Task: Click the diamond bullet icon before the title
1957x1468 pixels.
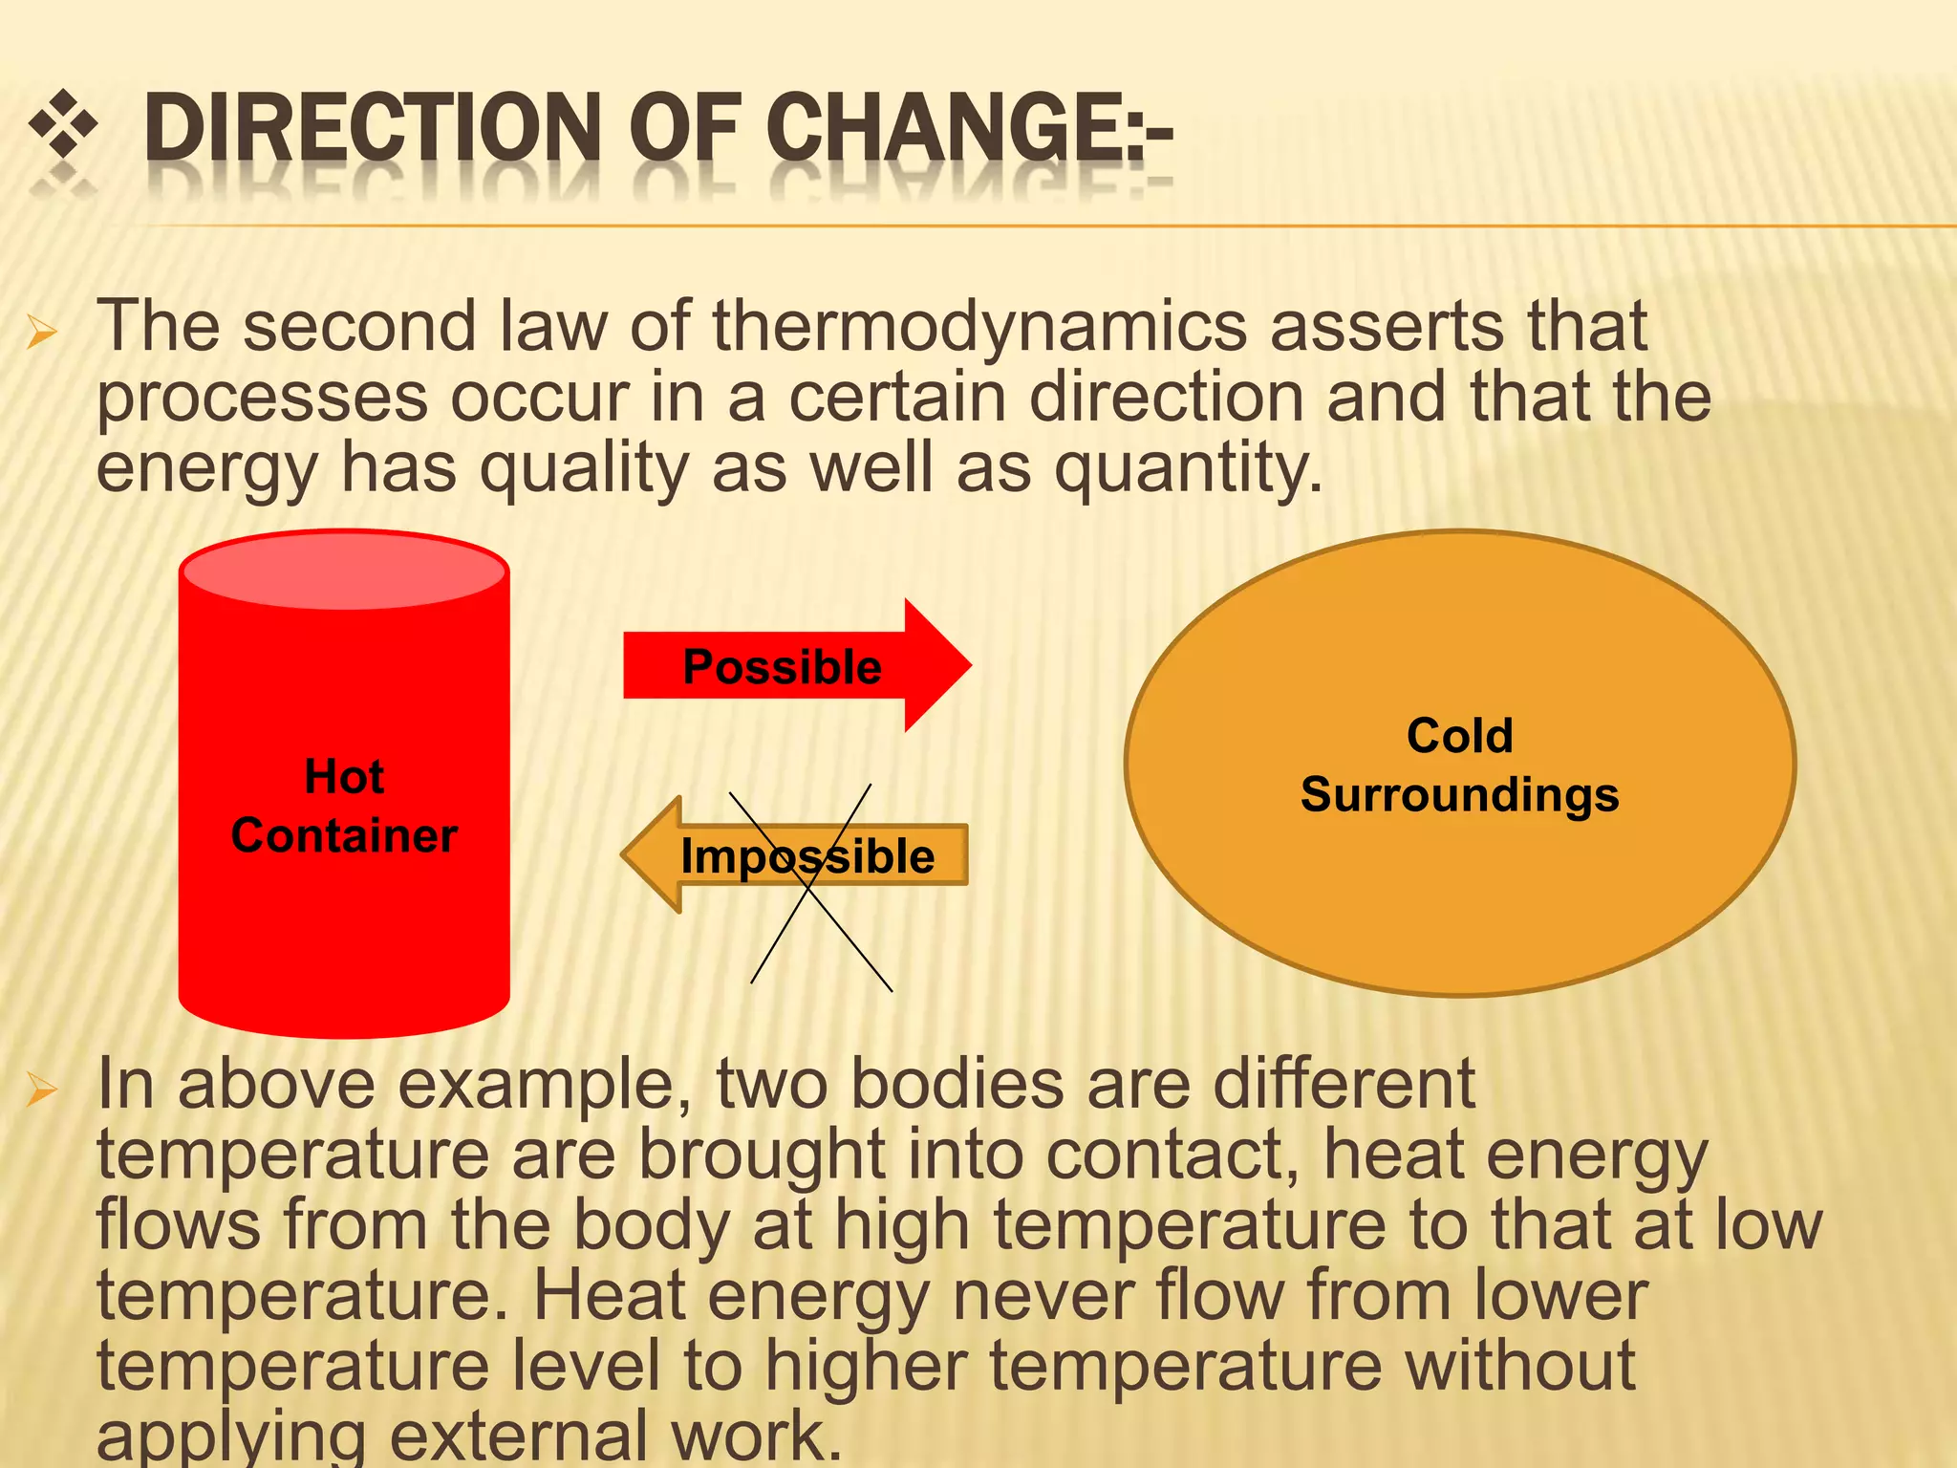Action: [x=64, y=124]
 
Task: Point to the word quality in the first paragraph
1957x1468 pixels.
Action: [x=583, y=468]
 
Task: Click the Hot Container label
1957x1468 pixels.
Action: [x=345, y=806]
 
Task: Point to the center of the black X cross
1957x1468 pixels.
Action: [x=810, y=887]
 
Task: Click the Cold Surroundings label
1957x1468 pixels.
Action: [x=1459, y=765]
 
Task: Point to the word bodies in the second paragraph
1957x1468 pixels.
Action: [x=957, y=1086]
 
